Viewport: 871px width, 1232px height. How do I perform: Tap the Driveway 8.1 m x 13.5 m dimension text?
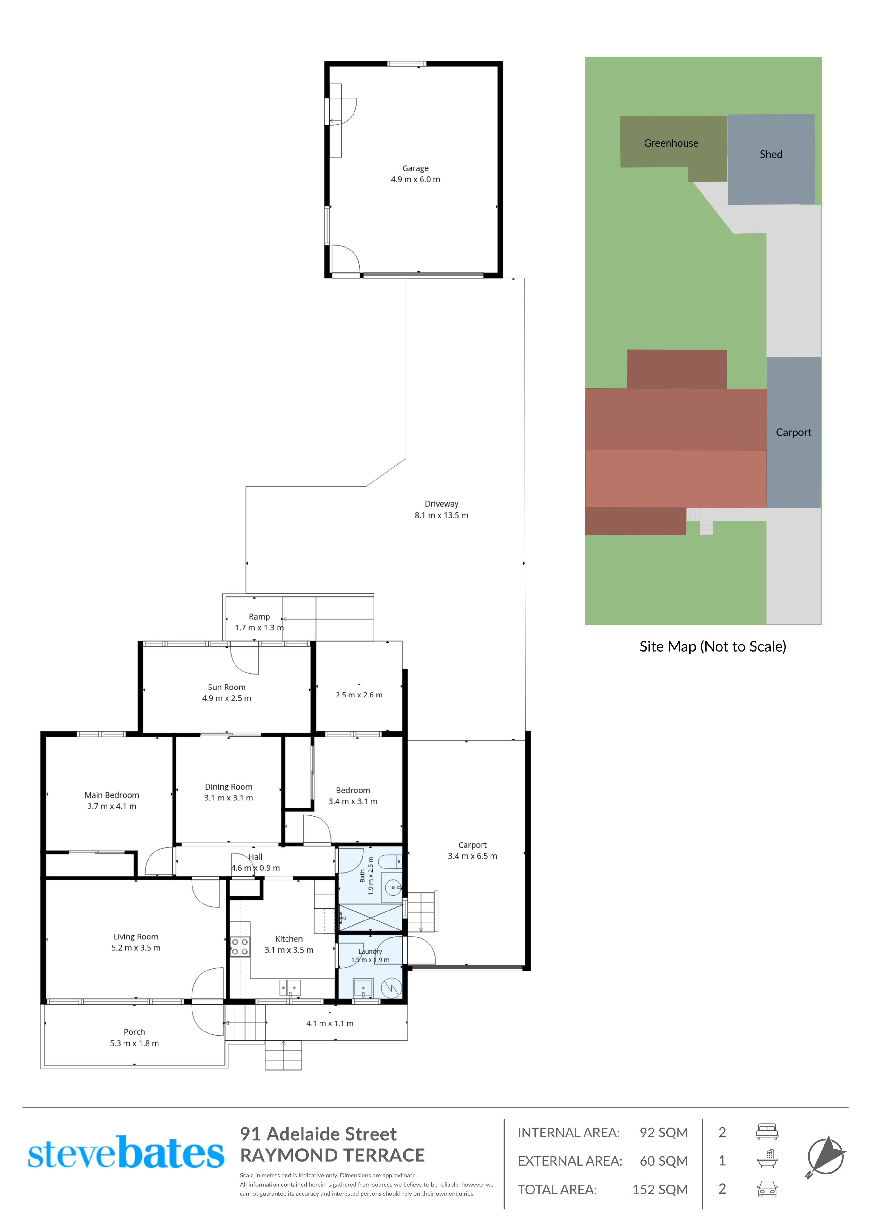coord(441,515)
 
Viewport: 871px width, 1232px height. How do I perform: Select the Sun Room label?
coord(226,687)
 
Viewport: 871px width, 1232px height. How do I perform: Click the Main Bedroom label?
coord(112,795)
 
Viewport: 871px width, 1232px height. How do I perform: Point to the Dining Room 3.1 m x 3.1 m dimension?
coord(229,798)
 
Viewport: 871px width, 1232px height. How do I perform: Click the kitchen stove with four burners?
coord(240,946)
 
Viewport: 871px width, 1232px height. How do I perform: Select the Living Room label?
coord(136,936)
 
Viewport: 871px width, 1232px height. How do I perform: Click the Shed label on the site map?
coord(771,155)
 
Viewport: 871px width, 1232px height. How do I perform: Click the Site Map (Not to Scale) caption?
coord(713,646)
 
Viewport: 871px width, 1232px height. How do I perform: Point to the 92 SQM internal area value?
coord(663,1132)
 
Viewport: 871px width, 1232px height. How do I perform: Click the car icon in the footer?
coord(767,1189)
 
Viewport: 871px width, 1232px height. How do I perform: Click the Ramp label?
coord(259,617)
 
